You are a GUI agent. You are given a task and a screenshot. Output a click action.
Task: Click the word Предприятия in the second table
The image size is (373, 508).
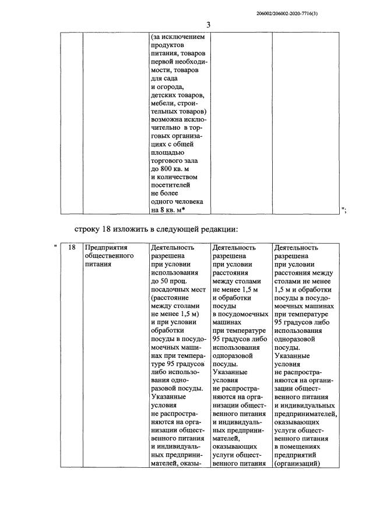click(x=105, y=248)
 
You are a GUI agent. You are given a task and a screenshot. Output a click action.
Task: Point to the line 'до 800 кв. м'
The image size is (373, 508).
click(x=171, y=169)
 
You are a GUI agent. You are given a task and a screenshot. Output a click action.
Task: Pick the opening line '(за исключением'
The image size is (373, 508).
click(x=178, y=37)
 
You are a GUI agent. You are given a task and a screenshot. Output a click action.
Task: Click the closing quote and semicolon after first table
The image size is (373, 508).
click(x=344, y=210)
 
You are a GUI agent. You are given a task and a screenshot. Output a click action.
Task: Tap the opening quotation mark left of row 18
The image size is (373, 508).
click(x=55, y=248)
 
